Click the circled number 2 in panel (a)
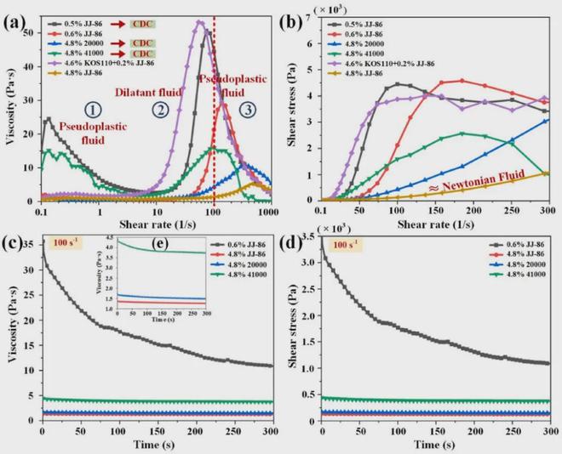(x=159, y=109)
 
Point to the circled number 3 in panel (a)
(x=245, y=109)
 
